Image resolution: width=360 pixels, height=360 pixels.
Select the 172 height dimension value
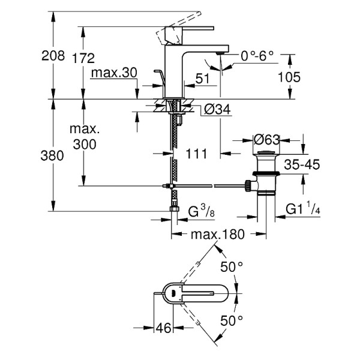[83, 58]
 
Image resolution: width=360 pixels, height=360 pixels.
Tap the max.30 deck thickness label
[114, 73]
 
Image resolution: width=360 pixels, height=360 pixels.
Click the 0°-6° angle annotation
[257, 55]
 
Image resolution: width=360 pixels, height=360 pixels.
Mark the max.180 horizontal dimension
[217, 235]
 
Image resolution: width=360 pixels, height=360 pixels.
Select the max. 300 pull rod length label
[83, 137]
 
